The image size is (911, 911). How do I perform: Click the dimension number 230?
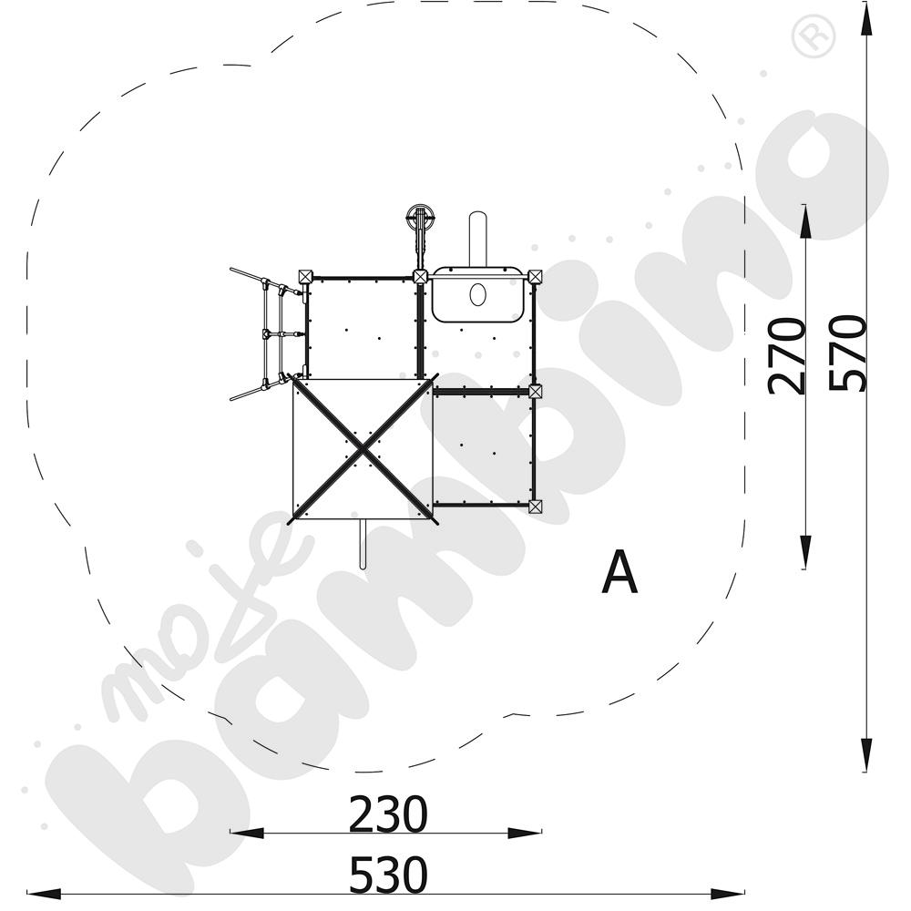(x=387, y=814)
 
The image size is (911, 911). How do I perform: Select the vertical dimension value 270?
(x=787, y=355)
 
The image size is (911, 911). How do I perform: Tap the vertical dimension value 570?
(x=847, y=353)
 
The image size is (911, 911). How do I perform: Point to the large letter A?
(x=619, y=573)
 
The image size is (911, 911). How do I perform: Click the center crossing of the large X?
(x=363, y=450)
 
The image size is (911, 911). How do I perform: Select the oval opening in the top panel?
(x=477, y=294)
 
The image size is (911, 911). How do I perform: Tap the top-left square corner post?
(x=305, y=276)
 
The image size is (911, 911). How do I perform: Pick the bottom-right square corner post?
(x=535, y=506)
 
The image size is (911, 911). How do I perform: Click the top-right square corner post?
(x=535, y=276)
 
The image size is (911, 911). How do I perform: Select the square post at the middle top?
(x=420, y=276)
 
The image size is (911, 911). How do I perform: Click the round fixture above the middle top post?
(x=421, y=219)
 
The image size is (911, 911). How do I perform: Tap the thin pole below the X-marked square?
(x=363, y=545)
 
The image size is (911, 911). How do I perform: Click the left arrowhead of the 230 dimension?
(x=239, y=833)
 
